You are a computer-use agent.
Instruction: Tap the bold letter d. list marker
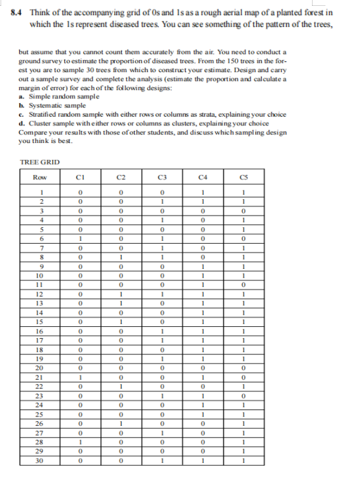coord(21,124)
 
